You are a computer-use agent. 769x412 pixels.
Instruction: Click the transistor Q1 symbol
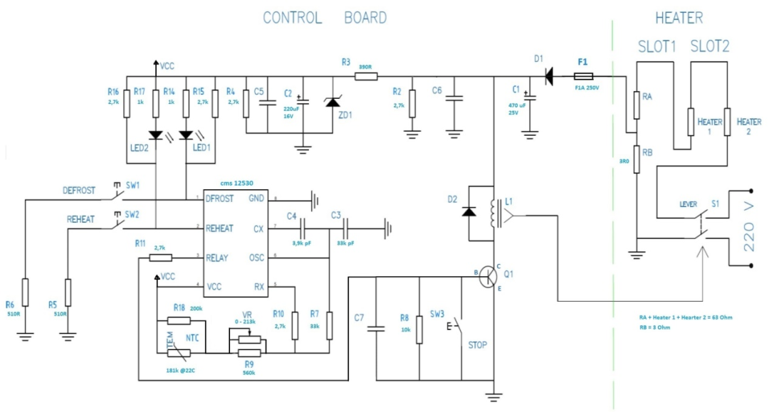(488, 276)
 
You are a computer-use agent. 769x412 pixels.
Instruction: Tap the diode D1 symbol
(549, 75)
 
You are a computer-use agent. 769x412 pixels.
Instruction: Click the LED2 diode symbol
(155, 134)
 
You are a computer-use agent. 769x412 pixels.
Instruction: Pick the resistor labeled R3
(366, 75)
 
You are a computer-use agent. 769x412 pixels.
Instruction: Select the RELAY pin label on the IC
(218, 257)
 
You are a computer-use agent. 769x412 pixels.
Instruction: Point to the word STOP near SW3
(478, 346)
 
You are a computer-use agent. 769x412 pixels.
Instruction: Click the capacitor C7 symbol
(375, 329)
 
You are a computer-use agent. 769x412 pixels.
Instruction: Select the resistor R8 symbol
(419, 328)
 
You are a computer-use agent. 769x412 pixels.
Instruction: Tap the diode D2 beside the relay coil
(469, 211)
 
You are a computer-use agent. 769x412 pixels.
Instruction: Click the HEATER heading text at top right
(679, 18)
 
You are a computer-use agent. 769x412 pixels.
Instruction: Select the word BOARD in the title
(365, 18)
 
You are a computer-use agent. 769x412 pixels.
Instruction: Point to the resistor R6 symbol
(26, 292)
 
